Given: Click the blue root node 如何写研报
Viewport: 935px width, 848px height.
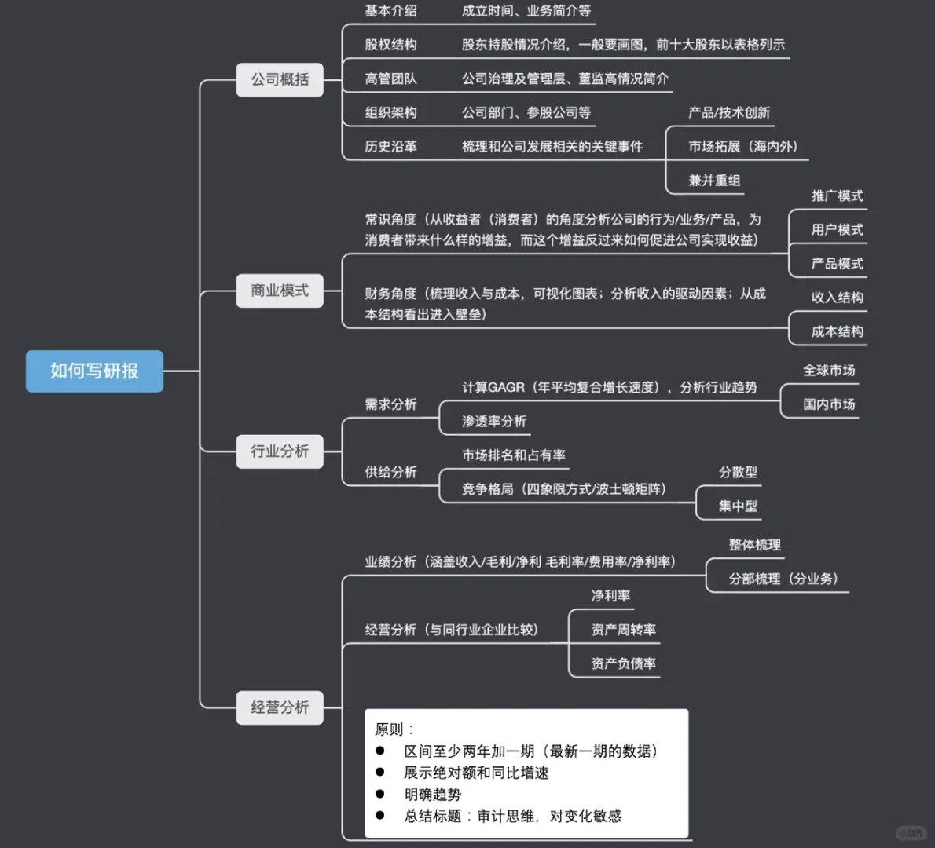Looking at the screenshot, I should click(x=94, y=371).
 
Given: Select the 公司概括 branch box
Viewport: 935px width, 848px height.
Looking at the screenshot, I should click(x=280, y=79).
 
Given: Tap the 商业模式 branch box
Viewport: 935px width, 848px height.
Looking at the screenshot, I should click(x=280, y=291).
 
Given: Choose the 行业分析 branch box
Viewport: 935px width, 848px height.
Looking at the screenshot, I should click(x=280, y=451).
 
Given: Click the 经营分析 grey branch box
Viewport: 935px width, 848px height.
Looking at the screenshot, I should click(x=280, y=707).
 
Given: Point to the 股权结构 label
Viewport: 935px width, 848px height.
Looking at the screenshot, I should click(x=390, y=45).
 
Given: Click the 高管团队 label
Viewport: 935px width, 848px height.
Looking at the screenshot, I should click(x=390, y=79).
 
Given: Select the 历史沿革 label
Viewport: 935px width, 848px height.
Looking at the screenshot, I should click(x=390, y=146).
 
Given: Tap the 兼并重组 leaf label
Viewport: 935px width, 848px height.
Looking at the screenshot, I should click(x=714, y=180).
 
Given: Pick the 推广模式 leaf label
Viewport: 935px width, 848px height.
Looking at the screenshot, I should click(x=837, y=196).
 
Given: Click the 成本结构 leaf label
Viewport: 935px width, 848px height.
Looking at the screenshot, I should click(x=837, y=331).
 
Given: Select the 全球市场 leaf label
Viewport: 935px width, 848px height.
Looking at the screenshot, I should click(x=829, y=370).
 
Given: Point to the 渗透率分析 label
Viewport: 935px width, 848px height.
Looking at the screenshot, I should click(x=493, y=421).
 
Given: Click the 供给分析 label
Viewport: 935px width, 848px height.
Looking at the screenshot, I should click(x=390, y=472).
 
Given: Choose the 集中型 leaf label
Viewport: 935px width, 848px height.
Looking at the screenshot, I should click(x=738, y=506).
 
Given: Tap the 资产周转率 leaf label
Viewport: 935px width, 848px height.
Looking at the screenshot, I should click(x=623, y=629).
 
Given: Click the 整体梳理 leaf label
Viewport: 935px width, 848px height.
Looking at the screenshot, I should click(x=754, y=545).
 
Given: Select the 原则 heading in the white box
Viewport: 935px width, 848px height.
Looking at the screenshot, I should click(x=390, y=729).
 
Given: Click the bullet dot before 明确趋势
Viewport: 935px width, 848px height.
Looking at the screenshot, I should click(x=380, y=794).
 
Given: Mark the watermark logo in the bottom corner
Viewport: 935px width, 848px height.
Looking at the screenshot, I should click(x=911, y=832).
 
